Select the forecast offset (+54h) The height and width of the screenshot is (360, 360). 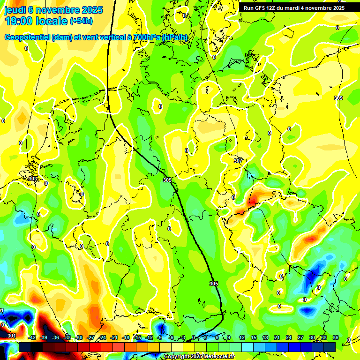(81, 21)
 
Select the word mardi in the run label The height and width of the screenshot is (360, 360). (295, 8)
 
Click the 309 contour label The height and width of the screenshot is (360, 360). (338, 98)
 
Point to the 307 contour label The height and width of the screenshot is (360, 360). (238, 161)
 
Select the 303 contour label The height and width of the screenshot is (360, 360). (32, 179)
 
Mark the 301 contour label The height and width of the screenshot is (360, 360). (12, 336)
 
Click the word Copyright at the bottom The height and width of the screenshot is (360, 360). (178, 357)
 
